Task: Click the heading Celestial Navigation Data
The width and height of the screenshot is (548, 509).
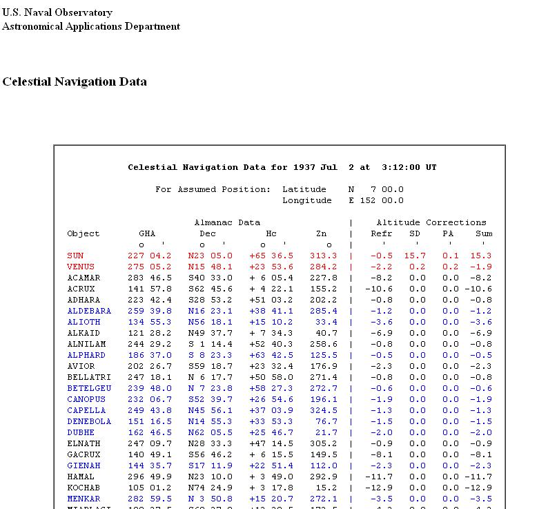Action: (75, 81)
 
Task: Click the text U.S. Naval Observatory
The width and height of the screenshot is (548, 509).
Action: (57, 12)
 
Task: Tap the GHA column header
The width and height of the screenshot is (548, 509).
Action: (147, 233)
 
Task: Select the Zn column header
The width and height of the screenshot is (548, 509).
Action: (321, 233)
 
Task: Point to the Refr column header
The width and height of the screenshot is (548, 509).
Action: (382, 233)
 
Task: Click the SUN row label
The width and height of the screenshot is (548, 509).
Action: (75, 256)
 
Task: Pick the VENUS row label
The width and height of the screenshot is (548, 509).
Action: (81, 267)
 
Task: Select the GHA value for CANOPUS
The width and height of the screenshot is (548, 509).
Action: (150, 399)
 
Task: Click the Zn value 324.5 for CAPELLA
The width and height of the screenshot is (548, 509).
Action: (324, 410)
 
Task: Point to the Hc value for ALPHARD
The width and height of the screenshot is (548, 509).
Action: (271, 355)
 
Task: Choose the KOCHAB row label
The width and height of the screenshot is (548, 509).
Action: (84, 488)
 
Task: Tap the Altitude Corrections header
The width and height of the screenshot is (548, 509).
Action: (431, 222)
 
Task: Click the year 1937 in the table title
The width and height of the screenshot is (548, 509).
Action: (304, 167)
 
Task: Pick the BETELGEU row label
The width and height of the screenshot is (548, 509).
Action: (89, 388)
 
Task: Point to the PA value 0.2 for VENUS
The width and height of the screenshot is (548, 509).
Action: (451, 267)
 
